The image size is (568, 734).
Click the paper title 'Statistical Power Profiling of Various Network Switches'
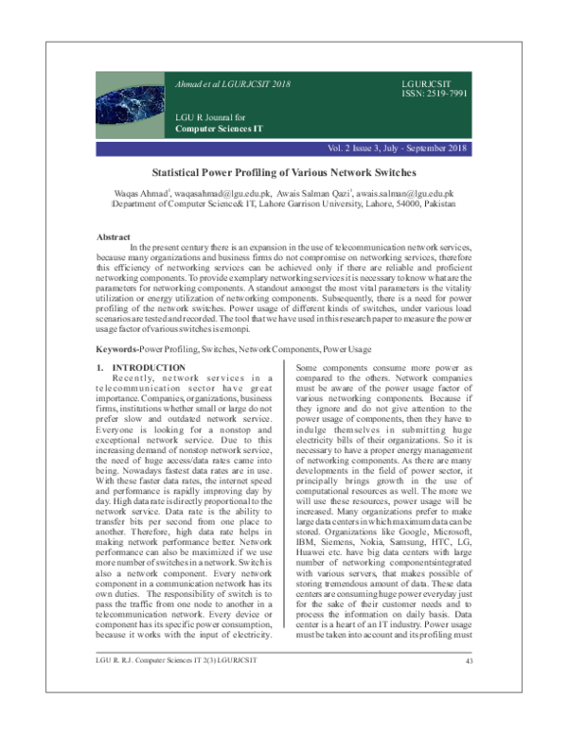[x=284, y=173]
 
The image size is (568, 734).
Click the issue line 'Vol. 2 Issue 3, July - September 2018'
[x=397, y=149]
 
